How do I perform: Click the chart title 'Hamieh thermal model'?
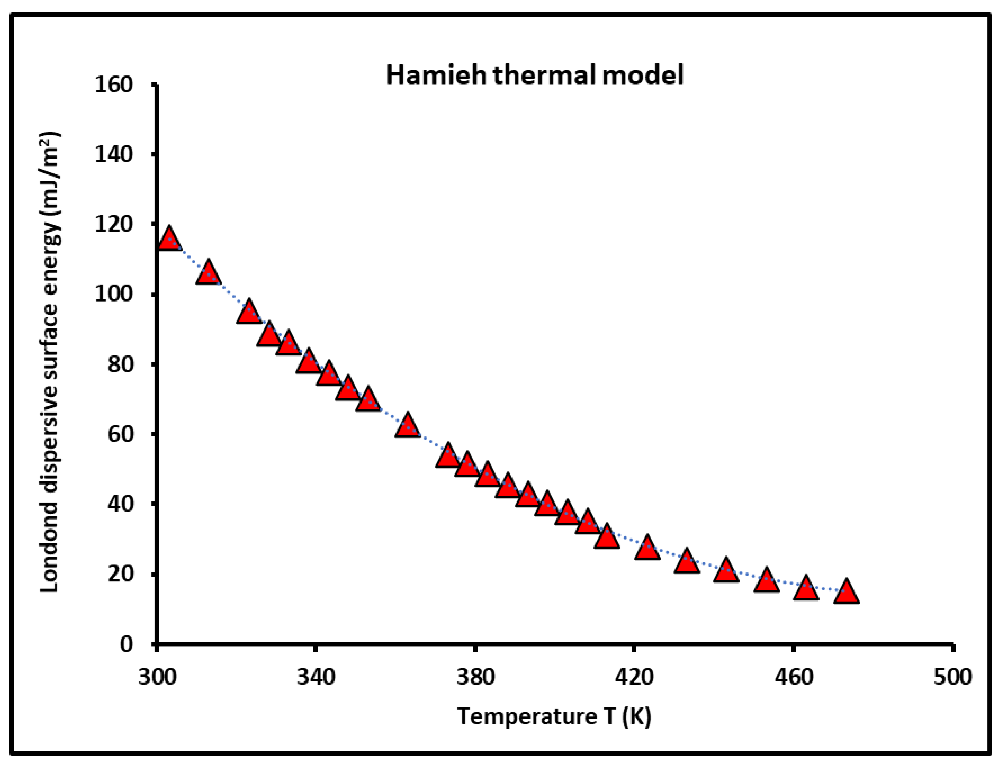[x=534, y=75]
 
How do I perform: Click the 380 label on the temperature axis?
[x=475, y=677]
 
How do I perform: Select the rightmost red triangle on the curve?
[x=847, y=592]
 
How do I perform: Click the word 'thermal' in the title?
[x=544, y=75]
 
